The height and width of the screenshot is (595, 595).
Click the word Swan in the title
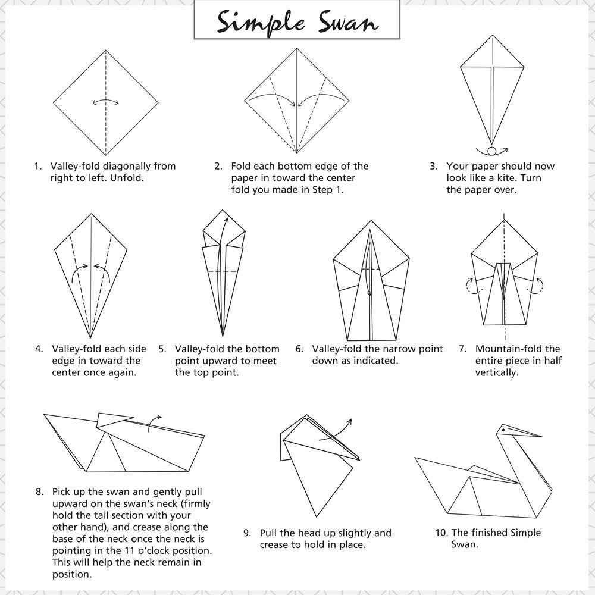click(348, 21)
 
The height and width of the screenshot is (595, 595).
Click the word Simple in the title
click(261, 23)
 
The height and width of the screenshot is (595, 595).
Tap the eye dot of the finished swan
click(503, 430)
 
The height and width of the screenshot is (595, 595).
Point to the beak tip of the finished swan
click(541, 436)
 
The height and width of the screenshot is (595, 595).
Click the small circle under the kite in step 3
click(492, 151)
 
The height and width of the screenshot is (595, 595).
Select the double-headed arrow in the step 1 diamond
click(105, 102)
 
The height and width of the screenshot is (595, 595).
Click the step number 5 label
click(162, 349)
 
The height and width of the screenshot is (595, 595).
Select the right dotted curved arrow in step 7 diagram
click(535, 286)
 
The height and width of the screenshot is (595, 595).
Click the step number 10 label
click(441, 533)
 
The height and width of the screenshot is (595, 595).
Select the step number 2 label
click(218, 166)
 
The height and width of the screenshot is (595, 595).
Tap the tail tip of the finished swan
click(415, 458)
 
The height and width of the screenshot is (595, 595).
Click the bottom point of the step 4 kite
click(90, 338)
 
